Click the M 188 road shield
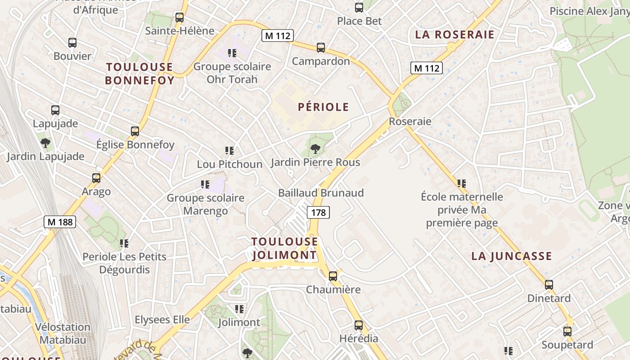[x=60, y=222]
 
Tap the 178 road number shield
[x=318, y=212]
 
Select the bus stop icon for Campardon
[x=321, y=47]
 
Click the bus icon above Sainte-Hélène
[x=180, y=18]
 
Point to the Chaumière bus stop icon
[x=333, y=276]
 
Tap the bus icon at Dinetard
[x=549, y=284]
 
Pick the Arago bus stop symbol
[x=96, y=178]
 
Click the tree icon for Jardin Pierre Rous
[x=315, y=148]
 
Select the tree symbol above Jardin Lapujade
[x=45, y=143]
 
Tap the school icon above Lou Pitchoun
[x=229, y=151]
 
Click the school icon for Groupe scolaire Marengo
[x=205, y=184]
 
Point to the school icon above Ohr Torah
[x=232, y=53]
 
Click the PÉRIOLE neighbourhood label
[x=324, y=107]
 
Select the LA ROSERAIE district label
[x=454, y=35]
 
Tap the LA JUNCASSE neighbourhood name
[x=512, y=256]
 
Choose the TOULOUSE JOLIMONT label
[x=284, y=248]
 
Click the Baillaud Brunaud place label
[x=321, y=193]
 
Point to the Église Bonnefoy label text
[x=135, y=145]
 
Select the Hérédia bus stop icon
[x=359, y=325]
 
